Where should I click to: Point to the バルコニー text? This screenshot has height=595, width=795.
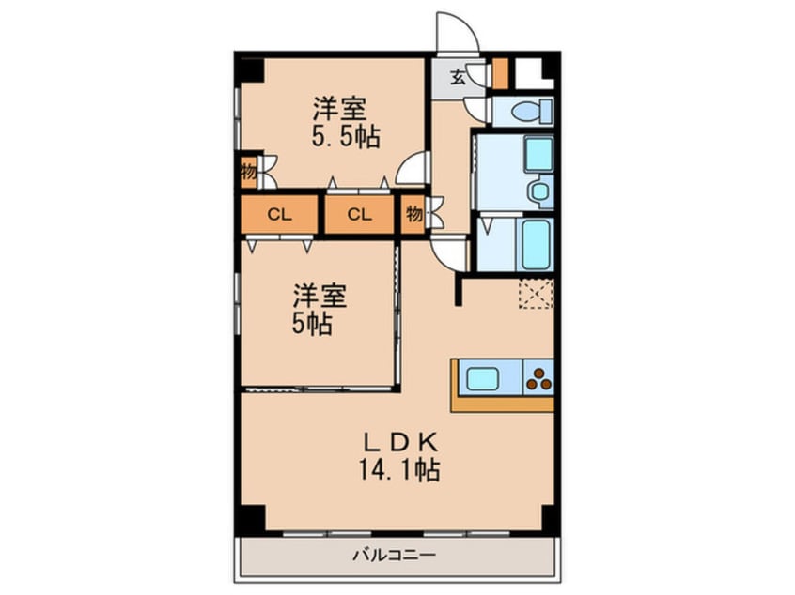(x=394, y=555)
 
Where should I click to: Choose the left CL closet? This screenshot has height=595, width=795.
(x=279, y=214)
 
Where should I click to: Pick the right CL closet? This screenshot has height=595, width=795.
(x=359, y=214)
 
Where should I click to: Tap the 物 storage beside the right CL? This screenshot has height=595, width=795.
(x=413, y=214)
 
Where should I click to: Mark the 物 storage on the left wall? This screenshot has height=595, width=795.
(x=248, y=172)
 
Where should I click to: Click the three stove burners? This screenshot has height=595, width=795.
(x=539, y=379)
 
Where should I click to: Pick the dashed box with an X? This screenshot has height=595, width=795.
(x=536, y=294)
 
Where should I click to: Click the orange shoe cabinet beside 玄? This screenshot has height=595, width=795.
(x=500, y=73)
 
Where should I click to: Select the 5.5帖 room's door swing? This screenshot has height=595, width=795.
(x=412, y=170)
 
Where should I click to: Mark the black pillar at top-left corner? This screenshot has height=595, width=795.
(x=249, y=69)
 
